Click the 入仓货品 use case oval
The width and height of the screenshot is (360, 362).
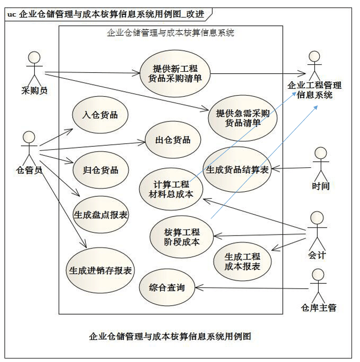[x=100, y=115]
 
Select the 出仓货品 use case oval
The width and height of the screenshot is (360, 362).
[x=173, y=140]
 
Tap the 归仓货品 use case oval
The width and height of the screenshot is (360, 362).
[x=101, y=170]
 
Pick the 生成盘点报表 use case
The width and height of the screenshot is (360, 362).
[x=101, y=215]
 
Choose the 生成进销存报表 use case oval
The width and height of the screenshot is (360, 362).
[x=100, y=270]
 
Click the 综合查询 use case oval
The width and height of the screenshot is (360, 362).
[x=167, y=287]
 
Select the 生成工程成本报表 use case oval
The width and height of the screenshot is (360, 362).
[x=242, y=261]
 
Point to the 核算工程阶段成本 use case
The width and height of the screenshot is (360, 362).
[x=182, y=237]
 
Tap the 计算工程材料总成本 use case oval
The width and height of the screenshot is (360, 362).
[x=171, y=189]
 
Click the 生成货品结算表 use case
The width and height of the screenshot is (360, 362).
[x=237, y=169]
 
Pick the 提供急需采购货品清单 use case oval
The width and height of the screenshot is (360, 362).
[x=242, y=118]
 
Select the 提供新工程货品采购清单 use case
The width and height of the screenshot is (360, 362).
[x=175, y=74]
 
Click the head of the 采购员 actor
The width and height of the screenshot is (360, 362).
[x=34, y=57]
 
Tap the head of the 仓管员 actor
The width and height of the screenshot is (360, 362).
[x=29, y=137]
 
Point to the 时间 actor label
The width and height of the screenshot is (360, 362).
[x=321, y=186]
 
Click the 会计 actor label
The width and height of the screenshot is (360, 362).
[x=317, y=255]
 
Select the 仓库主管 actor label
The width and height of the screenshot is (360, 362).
[x=319, y=308]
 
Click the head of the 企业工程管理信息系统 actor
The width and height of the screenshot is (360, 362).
[x=315, y=57]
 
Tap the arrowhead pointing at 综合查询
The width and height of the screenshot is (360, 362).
[x=199, y=288]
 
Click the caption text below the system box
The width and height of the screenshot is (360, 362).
[x=170, y=337]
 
